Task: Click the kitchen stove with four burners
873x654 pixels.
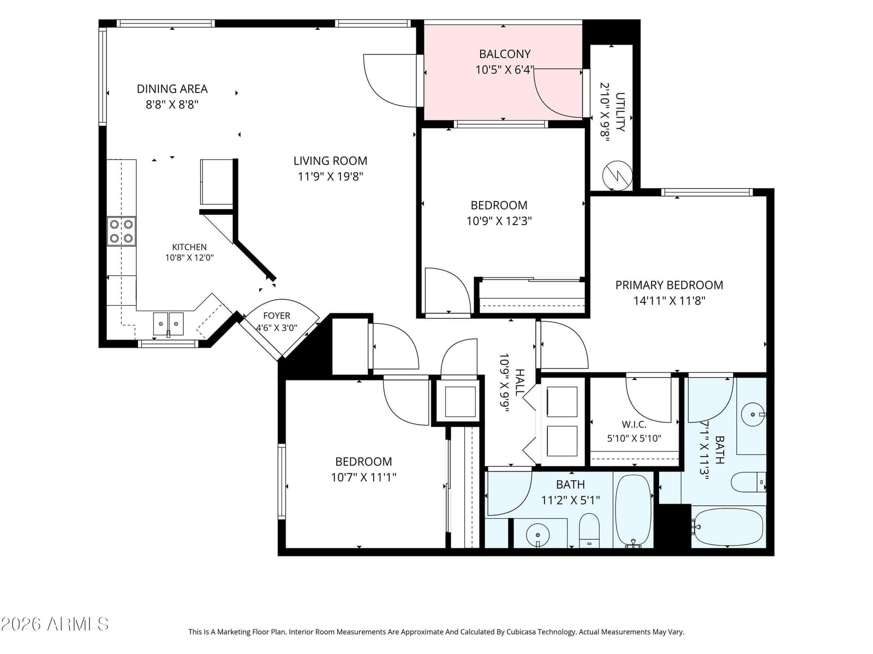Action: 121,231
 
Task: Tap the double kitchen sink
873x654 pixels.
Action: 168,324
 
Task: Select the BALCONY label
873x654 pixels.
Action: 505,53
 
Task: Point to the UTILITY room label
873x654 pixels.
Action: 620,112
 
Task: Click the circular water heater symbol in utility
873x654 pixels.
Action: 617,175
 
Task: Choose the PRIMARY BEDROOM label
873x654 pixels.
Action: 669,285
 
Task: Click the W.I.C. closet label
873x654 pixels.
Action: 634,425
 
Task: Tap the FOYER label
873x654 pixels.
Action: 277,316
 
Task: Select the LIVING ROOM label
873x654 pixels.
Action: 330,161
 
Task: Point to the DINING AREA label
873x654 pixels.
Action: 172,89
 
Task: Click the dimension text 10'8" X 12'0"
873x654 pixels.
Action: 189,258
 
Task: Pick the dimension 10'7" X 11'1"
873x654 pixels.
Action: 363,477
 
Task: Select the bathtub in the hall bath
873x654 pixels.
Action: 633,511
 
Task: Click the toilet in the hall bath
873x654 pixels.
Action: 589,530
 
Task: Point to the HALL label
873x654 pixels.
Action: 519,383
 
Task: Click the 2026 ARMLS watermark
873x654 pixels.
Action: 55,625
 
